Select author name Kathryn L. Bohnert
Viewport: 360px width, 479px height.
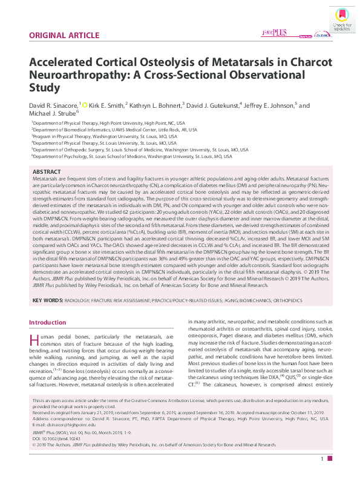point(155,105)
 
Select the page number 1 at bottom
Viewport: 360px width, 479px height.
point(322,459)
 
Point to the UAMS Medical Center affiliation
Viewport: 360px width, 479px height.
point(114,129)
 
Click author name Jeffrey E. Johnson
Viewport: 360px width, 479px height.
point(272,105)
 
